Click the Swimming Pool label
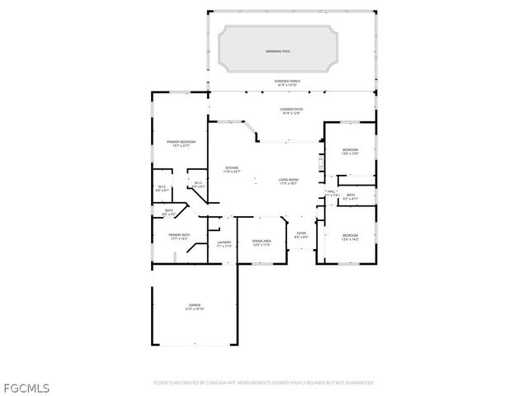(278, 51)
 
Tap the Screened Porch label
(287, 81)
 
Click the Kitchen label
(232, 168)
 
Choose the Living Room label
(287, 180)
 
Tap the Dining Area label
(262, 241)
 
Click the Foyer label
(301, 233)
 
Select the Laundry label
(224, 241)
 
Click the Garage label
(194, 305)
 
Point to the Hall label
(331, 191)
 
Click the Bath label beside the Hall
(351, 195)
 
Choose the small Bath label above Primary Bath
(168, 210)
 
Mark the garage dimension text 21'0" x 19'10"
(194, 309)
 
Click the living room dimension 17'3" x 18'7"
(287, 184)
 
